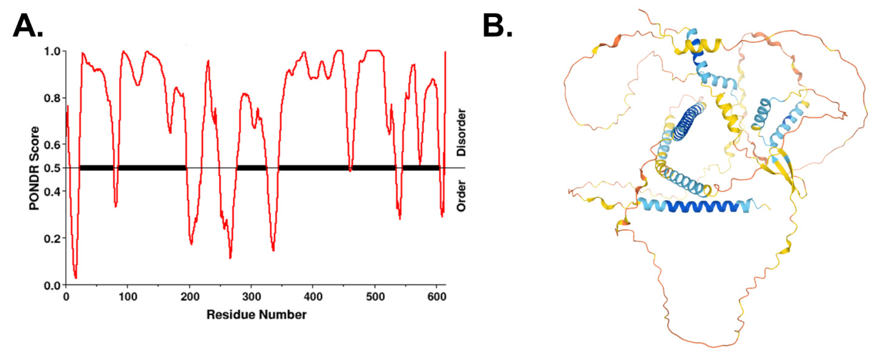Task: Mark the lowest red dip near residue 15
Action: pyautogui.click(x=76, y=278)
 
